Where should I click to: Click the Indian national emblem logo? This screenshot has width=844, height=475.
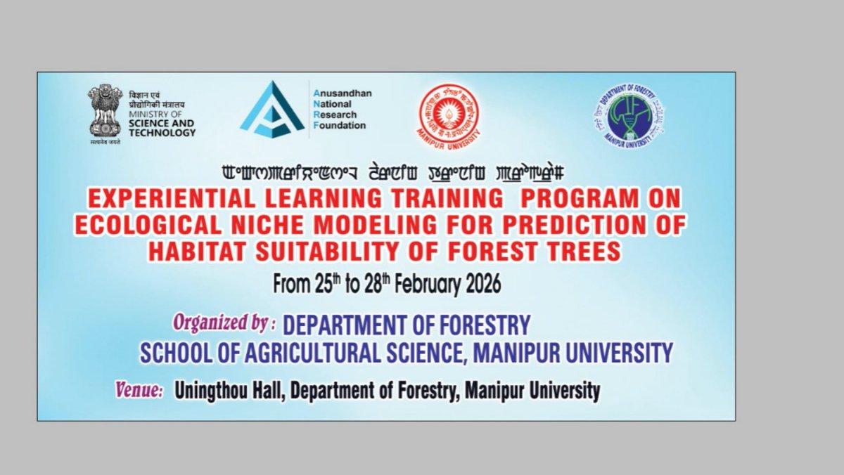[x=105, y=110]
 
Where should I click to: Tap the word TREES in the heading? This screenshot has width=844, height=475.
[x=584, y=251]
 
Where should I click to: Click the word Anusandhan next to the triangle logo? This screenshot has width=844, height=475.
[x=342, y=93]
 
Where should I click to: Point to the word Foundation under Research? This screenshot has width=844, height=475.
[x=340, y=126]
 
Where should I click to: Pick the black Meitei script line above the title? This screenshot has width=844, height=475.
[x=393, y=172]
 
